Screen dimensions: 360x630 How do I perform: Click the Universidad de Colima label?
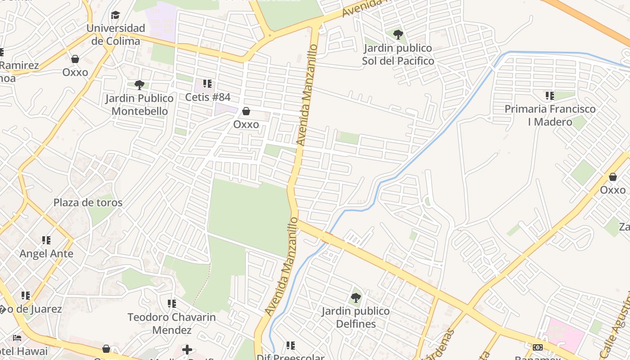click(x=116, y=35)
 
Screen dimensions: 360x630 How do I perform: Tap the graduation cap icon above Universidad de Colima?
click(x=116, y=15)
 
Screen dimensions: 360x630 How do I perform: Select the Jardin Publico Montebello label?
click(x=139, y=104)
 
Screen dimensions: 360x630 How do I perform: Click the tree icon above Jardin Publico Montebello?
click(x=139, y=85)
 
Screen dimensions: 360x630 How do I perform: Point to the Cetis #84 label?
click(x=207, y=97)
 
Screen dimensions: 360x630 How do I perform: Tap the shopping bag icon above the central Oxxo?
click(x=246, y=111)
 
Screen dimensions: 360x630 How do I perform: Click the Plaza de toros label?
click(x=88, y=202)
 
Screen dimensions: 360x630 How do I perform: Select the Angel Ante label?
click(x=46, y=254)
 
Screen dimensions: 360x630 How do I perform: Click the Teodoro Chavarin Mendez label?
click(x=171, y=324)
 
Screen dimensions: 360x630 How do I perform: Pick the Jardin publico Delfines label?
click(x=355, y=317)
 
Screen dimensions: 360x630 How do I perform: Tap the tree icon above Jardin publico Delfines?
click(x=355, y=297)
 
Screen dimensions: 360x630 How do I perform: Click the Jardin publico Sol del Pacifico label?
click(x=398, y=54)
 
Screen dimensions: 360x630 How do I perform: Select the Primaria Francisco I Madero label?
click(x=550, y=115)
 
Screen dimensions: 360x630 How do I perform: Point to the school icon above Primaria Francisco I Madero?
click(x=549, y=95)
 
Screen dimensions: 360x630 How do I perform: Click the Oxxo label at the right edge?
click(x=612, y=190)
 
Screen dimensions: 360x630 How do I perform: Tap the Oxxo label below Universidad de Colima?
click(x=75, y=72)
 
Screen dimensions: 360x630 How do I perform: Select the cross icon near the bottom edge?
click(x=187, y=349)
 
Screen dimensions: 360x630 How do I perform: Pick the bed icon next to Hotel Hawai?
click(x=17, y=337)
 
